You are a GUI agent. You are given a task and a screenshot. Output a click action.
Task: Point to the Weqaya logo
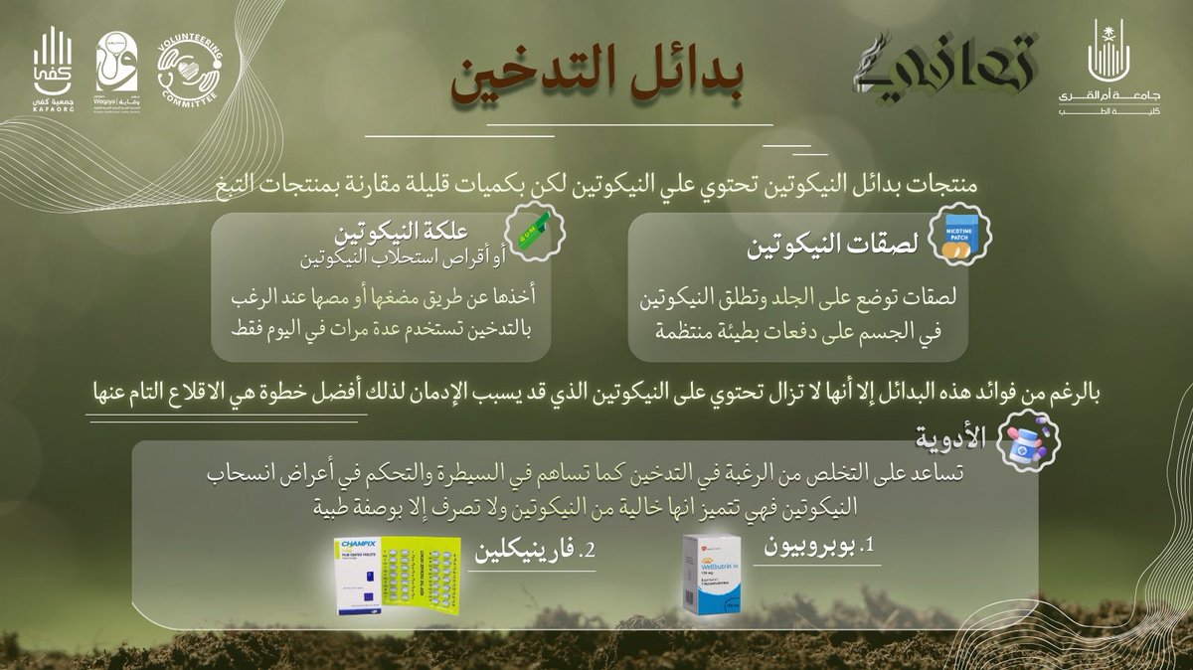point(116,72)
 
